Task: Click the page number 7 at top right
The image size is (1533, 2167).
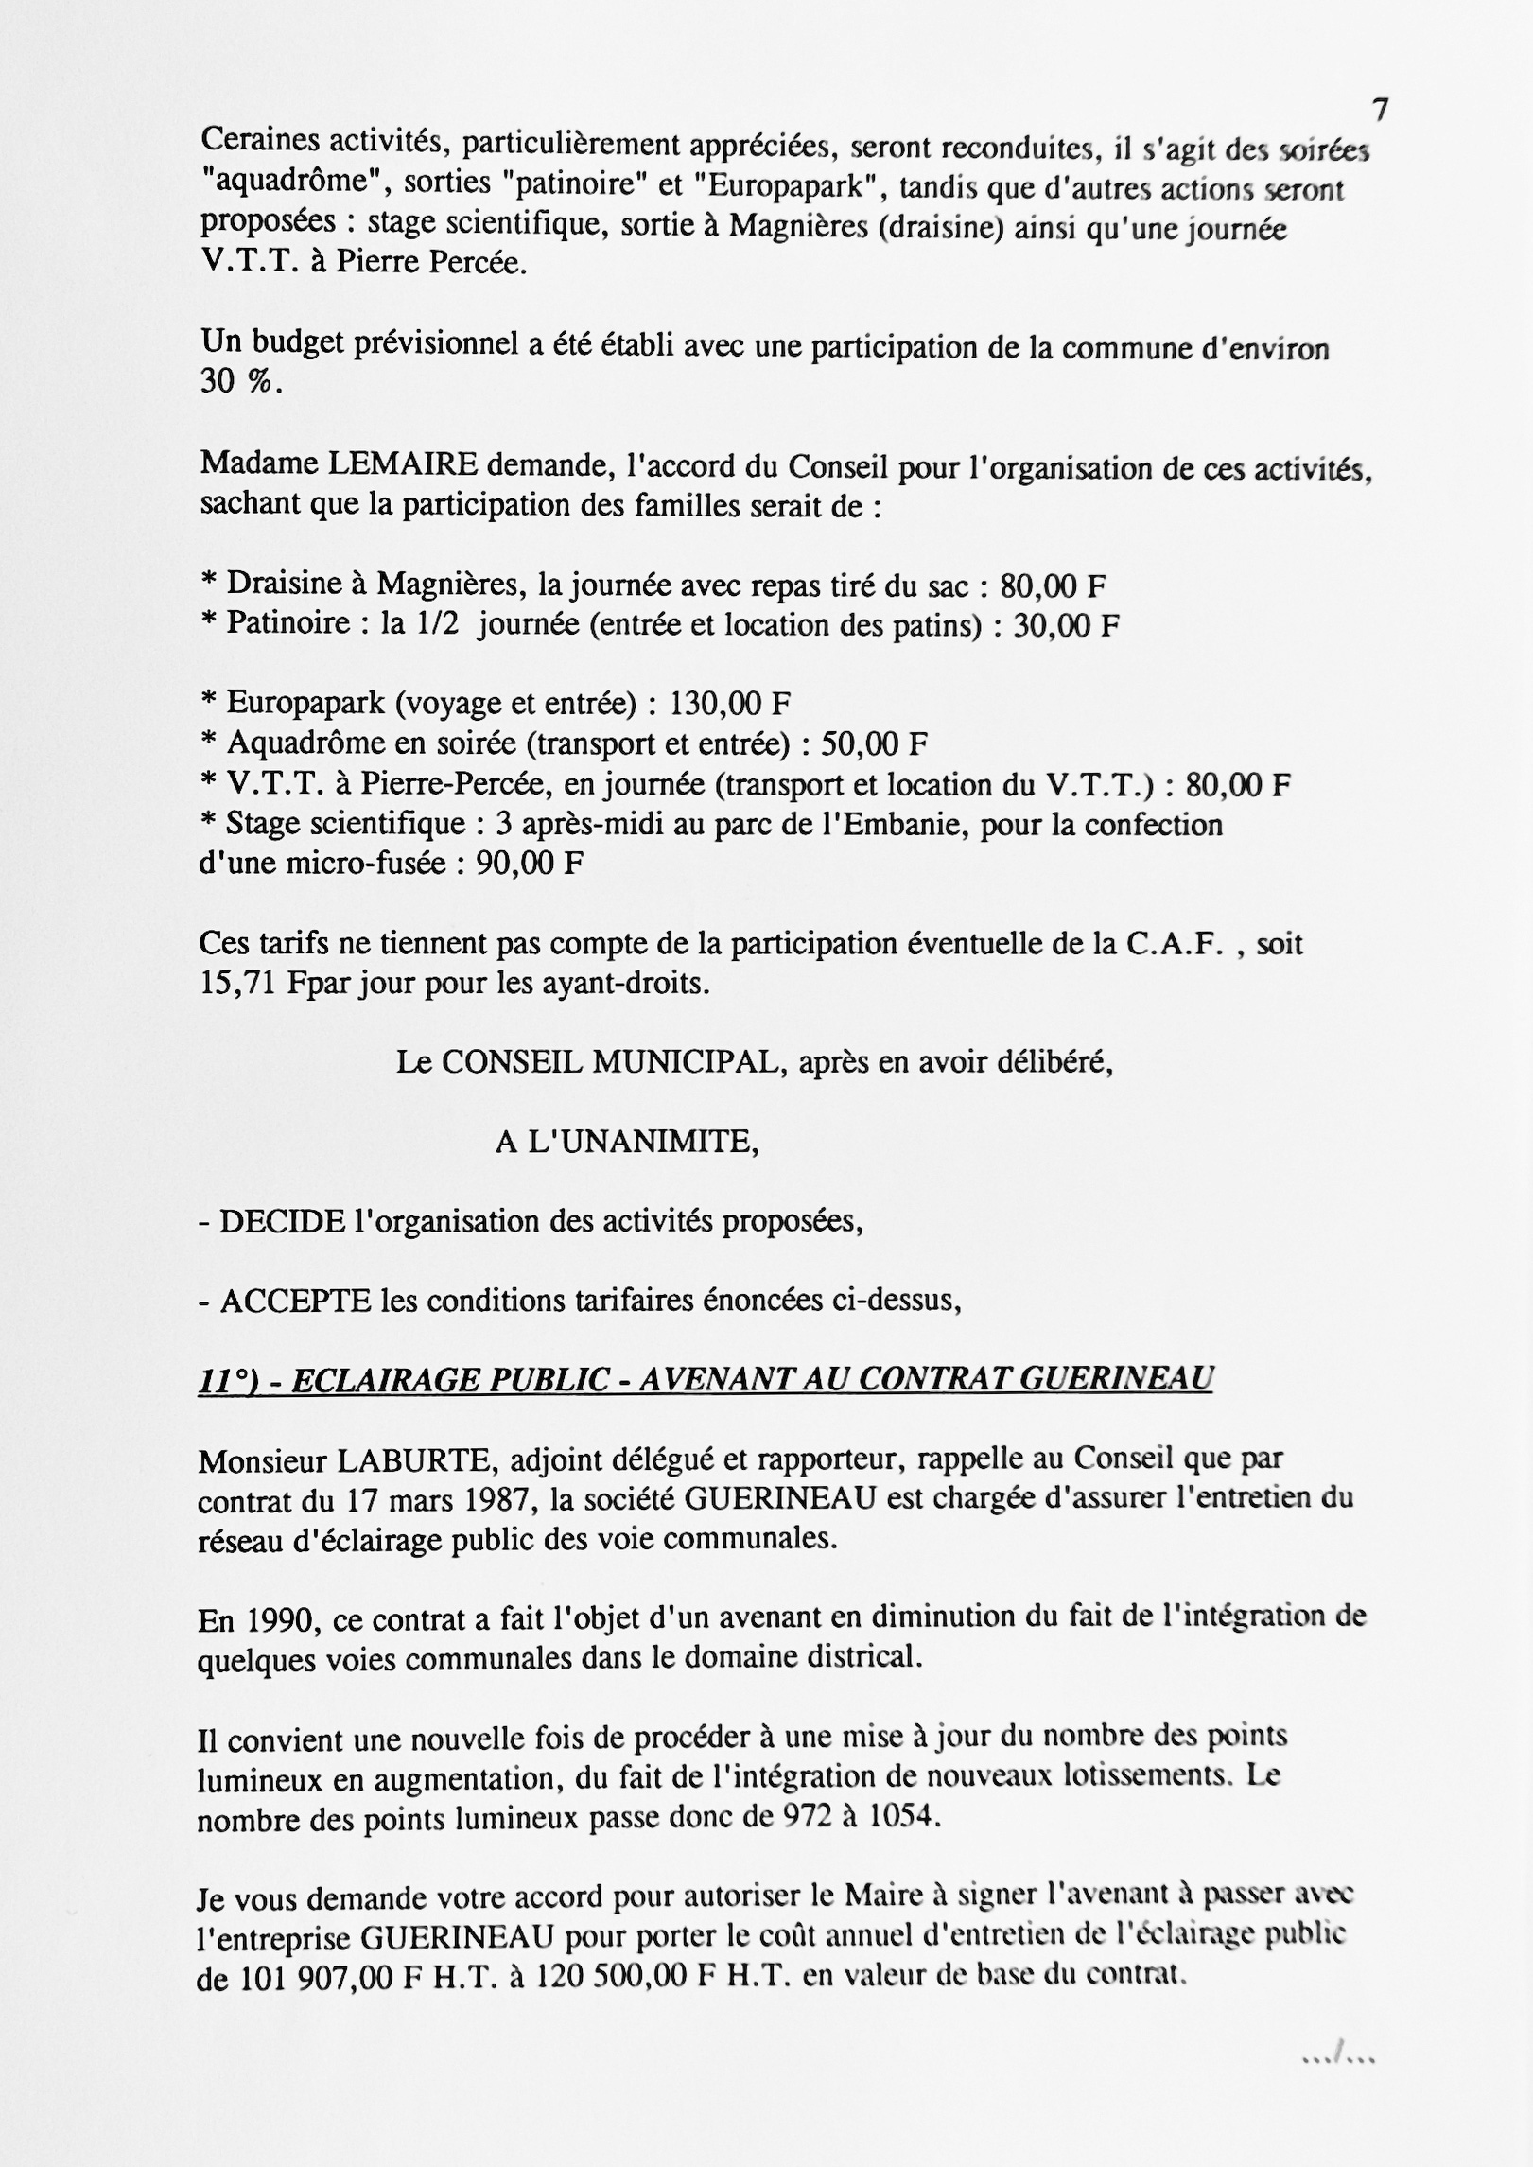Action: tap(1381, 111)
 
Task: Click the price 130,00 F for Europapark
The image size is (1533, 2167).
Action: tap(729, 705)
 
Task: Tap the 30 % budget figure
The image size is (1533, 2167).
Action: tap(240, 381)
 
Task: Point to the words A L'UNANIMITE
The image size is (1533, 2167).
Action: tap(627, 1143)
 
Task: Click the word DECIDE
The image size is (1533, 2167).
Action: tap(282, 1222)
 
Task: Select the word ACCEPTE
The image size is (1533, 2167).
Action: tap(295, 1302)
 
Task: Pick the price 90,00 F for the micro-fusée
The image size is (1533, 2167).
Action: tap(529, 864)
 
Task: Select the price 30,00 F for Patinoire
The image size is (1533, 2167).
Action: tap(1066, 626)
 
